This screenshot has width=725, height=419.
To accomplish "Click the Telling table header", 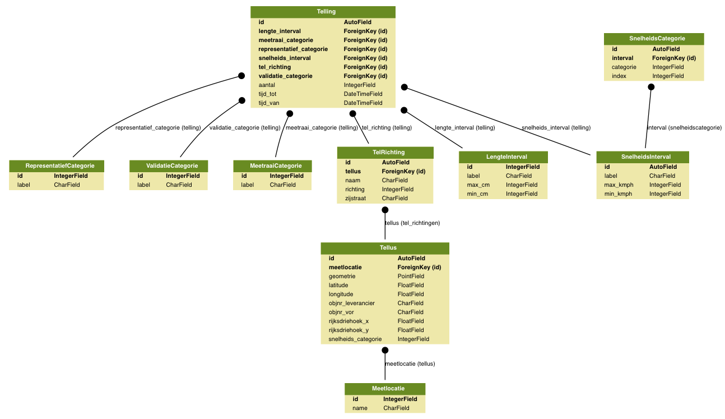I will tap(326, 11).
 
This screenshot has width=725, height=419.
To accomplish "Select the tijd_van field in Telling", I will tap(268, 103).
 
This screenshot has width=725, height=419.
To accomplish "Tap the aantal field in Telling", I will tap(266, 85).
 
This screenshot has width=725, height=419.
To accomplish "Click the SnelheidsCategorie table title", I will tap(653, 39).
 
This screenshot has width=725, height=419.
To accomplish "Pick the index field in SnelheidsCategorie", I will tap(619, 76).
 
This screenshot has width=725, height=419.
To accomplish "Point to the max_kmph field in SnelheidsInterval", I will tap(619, 185).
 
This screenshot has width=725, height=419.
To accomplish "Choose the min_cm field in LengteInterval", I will tap(478, 194).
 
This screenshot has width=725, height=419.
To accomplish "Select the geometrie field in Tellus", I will tap(342, 276).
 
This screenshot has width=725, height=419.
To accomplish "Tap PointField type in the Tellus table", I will tap(411, 276).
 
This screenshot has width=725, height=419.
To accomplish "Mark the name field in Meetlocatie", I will tap(360, 408).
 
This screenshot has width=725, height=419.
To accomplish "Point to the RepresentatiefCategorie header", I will tap(56, 165).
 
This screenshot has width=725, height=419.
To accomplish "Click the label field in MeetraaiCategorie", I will tap(247, 185).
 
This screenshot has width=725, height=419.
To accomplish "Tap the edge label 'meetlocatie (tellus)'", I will tap(410, 363).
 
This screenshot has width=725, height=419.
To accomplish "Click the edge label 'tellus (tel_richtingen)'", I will tap(412, 223).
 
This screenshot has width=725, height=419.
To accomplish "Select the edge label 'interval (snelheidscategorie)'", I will tap(684, 127).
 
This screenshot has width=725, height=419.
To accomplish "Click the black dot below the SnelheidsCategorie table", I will tap(651, 86).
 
